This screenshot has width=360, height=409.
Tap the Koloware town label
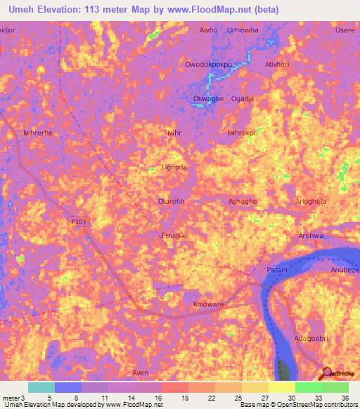[208, 305]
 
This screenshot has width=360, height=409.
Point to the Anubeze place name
[345, 270]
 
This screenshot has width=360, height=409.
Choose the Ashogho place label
[243, 202]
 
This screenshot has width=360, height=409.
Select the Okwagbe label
[208, 99]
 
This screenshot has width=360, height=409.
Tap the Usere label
[345, 30]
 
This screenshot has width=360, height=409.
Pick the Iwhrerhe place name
[38, 133]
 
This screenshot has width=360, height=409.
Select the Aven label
[140, 372]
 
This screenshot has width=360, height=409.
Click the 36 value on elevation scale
[345, 398]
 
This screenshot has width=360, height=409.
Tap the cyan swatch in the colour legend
[41, 387]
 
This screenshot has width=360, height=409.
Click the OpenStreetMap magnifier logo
[326, 372]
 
